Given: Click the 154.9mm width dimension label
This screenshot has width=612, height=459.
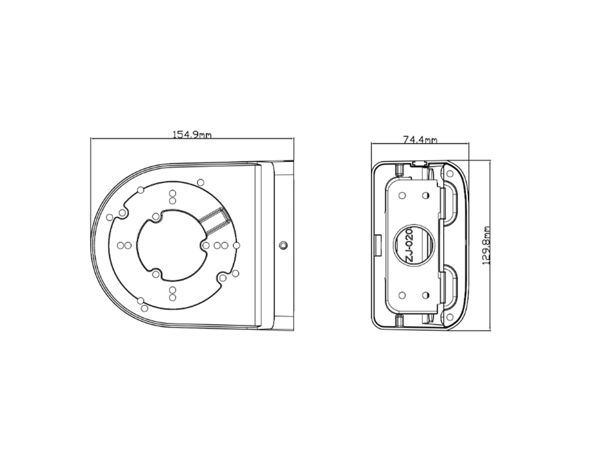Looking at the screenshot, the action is [x=192, y=135].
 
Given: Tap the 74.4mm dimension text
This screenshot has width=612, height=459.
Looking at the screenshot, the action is [x=420, y=140].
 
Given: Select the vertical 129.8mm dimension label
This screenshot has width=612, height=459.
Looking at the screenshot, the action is [x=486, y=245].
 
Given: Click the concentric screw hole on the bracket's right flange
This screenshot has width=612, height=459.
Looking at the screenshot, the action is [x=284, y=245].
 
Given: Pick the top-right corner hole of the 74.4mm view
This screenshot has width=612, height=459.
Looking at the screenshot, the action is [x=450, y=173].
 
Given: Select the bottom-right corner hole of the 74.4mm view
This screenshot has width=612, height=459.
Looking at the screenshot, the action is [x=449, y=317].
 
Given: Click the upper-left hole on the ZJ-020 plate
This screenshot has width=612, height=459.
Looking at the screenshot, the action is [x=402, y=196].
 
